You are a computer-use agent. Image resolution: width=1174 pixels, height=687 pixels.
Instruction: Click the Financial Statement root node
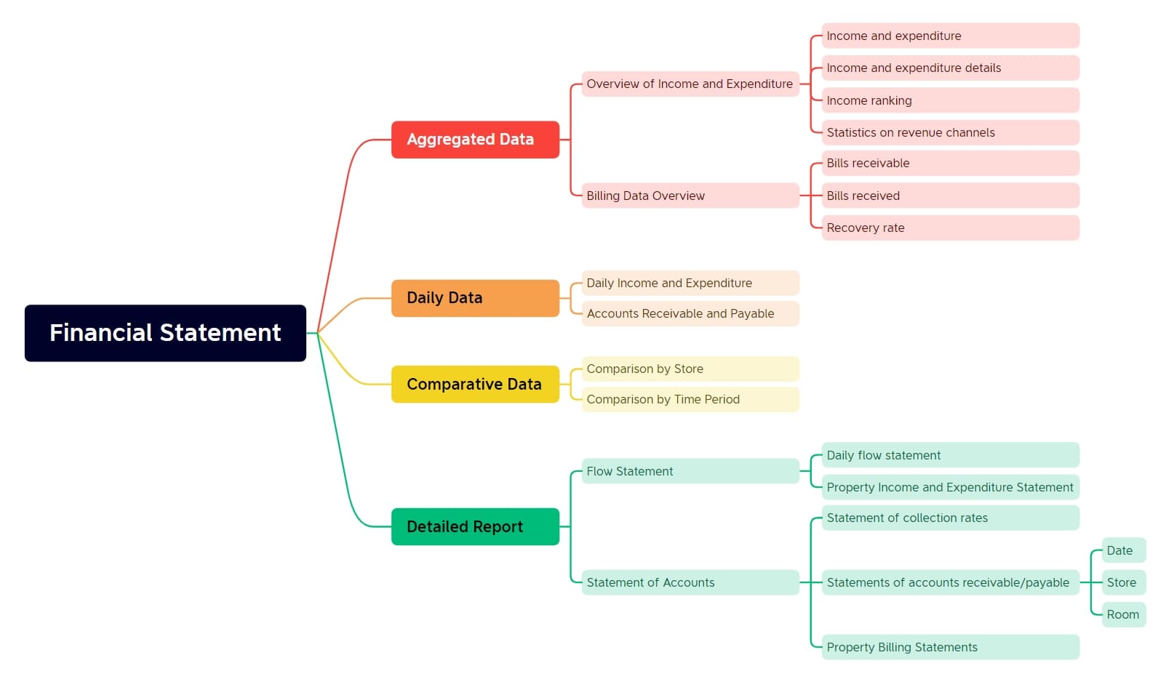pyautogui.click(x=165, y=333)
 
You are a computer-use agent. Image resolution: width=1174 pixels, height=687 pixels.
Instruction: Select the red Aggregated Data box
pyautogui.click(x=475, y=140)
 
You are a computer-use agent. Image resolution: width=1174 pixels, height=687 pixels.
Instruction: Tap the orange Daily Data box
pyautogui.click(x=475, y=298)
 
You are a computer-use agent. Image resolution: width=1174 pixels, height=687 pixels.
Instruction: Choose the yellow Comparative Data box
pyautogui.click(x=475, y=384)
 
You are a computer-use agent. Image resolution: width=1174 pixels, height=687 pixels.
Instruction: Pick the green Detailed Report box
pyautogui.click(x=475, y=526)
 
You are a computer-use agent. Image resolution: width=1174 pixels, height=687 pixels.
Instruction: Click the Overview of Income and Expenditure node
pyautogui.click(x=690, y=84)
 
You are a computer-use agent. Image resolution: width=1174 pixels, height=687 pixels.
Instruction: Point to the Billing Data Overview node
pyautogui.click(x=690, y=196)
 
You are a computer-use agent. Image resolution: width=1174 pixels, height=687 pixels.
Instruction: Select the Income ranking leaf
pyautogui.click(x=950, y=100)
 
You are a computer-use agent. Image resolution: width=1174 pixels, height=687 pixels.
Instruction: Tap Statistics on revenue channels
pyautogui.click(x=950, y=132)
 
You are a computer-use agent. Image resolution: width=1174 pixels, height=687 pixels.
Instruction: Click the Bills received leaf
pyautogui.click(x=950, y=196)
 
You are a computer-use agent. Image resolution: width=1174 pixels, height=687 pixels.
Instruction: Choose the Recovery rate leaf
pyautogui.click(x=950, y=228)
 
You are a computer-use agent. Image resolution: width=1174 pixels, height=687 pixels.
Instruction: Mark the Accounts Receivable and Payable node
pyautogui.click(x=690, y=313)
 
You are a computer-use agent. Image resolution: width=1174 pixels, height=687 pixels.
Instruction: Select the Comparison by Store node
pyautogui.click(x=690, y=369)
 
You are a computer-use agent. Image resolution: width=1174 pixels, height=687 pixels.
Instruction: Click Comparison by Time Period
pyautogui.click(x=690, y=399)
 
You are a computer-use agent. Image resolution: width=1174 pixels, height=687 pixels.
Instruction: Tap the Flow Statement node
pyautogui.click(x=690, y=471)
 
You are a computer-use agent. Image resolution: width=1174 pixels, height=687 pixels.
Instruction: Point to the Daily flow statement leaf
pyautogui.click(x=950, y=455)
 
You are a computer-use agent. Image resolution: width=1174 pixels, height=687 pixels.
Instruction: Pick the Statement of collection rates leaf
pyautogui.click(x=950, y=518)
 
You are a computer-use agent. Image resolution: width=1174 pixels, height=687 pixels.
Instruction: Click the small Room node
pyautogui.click(x=1123, y=614)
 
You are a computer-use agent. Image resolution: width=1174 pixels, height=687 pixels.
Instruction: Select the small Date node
pyautogui.click(x=1123, y=550)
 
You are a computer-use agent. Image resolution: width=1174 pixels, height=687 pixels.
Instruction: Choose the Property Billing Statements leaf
pyautogui.click(x=950, y=647)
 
